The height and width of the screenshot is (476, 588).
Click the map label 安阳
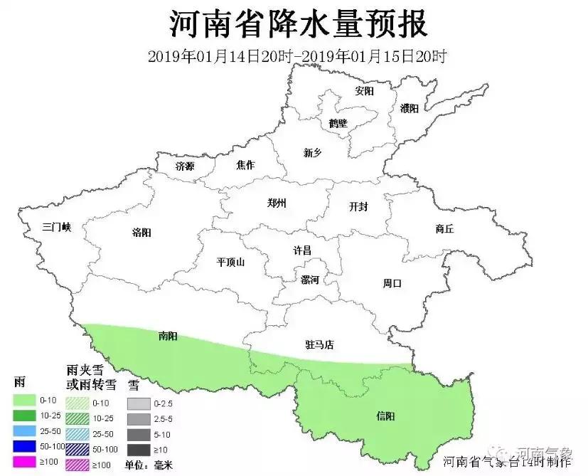(364, 91)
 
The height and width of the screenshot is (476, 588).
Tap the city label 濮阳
(409, 108)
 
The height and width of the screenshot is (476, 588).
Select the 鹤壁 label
(338, 123)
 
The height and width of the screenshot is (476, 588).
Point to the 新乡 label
(313, 152)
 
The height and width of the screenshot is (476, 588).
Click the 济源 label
(184, 166)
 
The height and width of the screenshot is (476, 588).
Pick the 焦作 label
(245, 165)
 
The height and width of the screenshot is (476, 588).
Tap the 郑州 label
(277, 203)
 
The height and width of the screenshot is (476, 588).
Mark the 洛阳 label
(141, 232)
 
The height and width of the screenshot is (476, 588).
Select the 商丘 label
(444, 228)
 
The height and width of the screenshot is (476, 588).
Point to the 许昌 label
(302, 250)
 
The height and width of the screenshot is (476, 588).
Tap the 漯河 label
(310, 280)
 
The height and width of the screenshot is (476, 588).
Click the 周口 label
(392, 283)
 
